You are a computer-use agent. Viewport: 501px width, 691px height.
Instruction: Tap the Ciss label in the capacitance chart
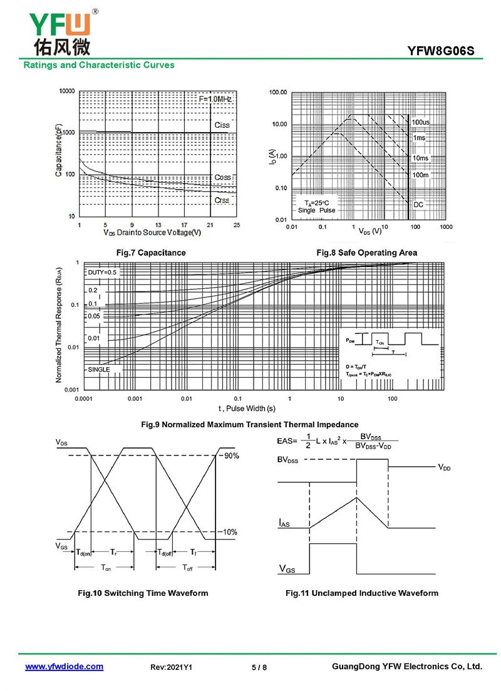pos(222,125)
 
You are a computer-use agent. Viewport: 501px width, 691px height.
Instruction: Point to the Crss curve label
pos(222,200)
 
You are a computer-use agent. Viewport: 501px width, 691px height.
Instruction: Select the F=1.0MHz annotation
pos(215,100)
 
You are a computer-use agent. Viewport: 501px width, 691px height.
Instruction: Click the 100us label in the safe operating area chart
pos(421,121)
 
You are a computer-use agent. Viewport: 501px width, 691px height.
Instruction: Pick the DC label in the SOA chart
pos(418,205)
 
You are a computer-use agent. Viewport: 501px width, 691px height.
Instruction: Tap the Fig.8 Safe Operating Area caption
pos(366,252)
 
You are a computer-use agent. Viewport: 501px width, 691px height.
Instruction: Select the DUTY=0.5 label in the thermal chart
pos(102,273)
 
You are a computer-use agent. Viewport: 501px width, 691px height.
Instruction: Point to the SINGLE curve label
pos(99,370)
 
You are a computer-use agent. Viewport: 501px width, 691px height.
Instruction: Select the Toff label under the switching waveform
pos(187,568)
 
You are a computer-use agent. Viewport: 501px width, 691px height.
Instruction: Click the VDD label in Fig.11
pos(444,467)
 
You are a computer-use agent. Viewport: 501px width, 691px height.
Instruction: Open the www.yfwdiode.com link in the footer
pos(64,667)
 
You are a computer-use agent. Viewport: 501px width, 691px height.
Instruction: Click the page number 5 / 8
pos(259,668)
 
